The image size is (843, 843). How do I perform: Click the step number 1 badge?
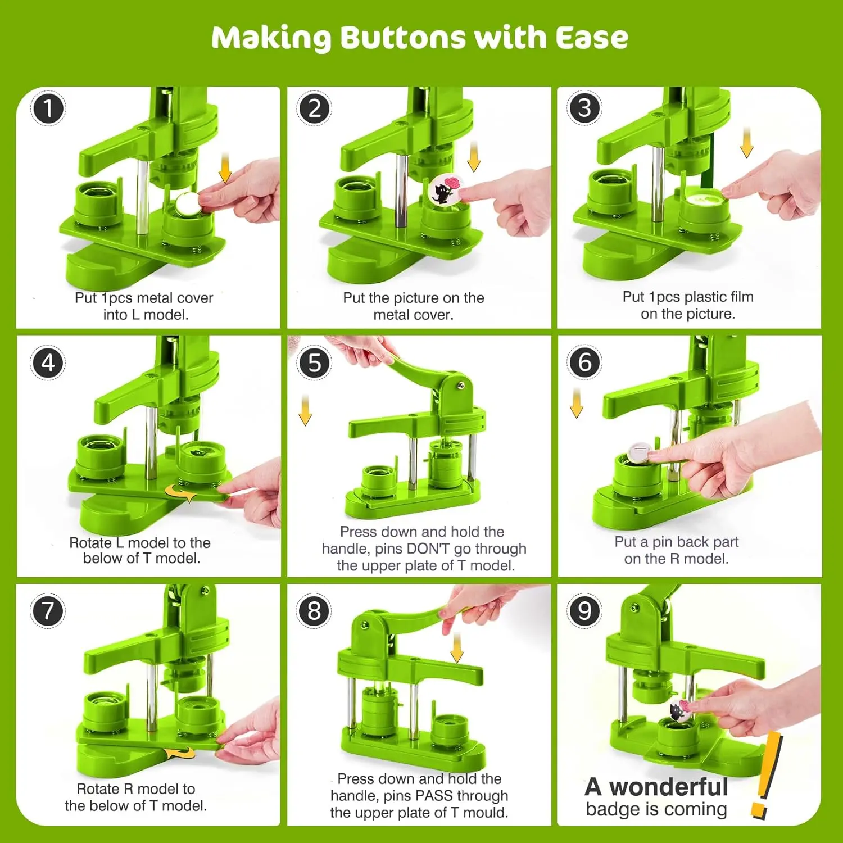coord(48,108)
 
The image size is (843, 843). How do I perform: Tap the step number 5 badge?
coord(314,362)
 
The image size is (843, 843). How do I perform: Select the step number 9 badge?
coord(584,610)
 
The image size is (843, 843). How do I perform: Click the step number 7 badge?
coord(48,611)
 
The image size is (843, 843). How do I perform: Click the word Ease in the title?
coord(592,38)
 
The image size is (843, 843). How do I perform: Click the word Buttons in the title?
coord(403,38)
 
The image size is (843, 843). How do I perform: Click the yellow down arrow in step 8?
coord(457,647)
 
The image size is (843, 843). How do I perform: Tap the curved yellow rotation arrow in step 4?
coord(180,493)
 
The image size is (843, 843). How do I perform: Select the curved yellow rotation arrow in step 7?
coord(180,752)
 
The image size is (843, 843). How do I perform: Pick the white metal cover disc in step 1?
coord(187,205)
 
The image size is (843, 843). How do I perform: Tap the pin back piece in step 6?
coord(638,452)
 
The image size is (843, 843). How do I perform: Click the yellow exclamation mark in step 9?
coord(765,776)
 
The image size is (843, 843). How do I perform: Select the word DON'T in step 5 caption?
coord(429,549)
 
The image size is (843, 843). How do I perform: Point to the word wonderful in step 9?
coord(669,787)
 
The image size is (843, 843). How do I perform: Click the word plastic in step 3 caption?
coord(705,297)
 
